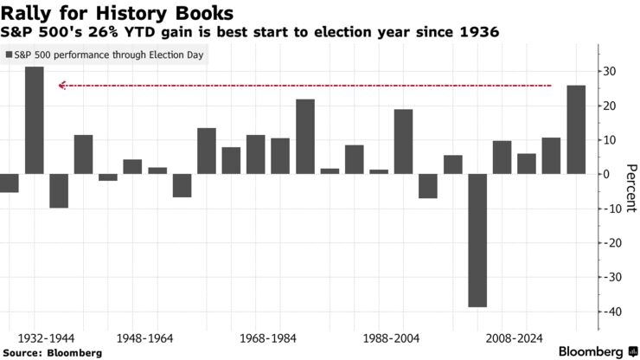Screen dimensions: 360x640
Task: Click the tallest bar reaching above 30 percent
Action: (34, 120)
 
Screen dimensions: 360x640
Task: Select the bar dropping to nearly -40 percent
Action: (477, 240)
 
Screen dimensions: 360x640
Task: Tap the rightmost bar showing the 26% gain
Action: (575, 129)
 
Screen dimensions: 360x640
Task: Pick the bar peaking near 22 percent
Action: (305, 137)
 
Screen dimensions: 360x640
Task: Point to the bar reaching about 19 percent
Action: (403, 141)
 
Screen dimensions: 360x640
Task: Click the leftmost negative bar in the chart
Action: (9, 183)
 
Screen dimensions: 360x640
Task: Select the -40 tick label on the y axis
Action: (612, 312)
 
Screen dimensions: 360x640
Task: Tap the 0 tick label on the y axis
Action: (606, 174)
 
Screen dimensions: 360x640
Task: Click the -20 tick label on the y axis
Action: (612, 243)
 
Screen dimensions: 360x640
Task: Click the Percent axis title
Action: (630, 187)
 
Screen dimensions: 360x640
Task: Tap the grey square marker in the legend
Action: (10, 55)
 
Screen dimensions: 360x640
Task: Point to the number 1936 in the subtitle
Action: (479, 32)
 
